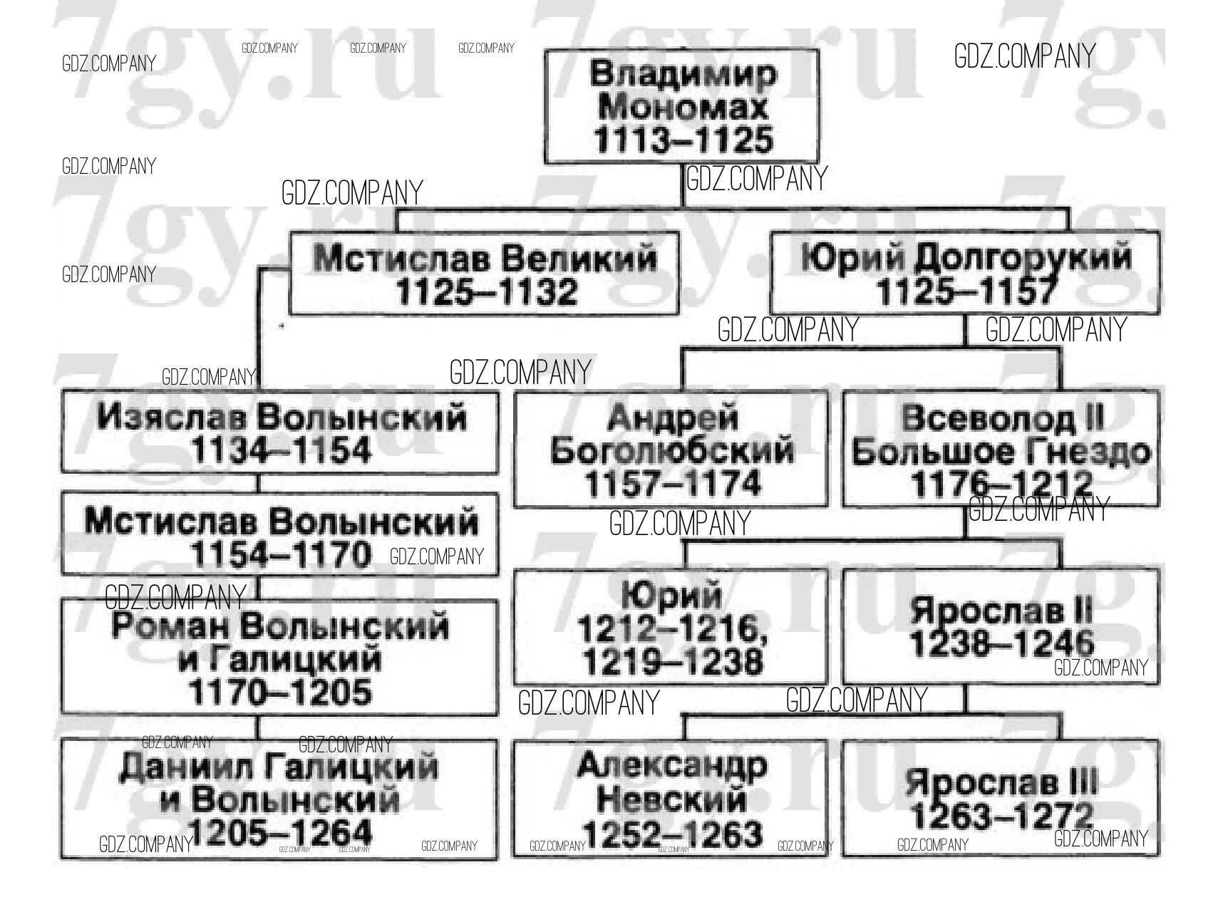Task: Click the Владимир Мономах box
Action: (681, 106)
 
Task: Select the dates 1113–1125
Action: (683, 140)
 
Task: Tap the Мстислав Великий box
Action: (484, 274)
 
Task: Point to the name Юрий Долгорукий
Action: (966, 257)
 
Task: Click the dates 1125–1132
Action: (486, 292)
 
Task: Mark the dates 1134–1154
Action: (282, 450)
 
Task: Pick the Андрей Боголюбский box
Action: (671, 449)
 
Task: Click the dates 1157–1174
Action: (672, 484)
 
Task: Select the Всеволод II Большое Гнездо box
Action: (1001, 449)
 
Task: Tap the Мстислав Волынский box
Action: (279, 534)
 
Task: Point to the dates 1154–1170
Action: (282, 555)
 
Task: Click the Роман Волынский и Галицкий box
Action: (279, 657)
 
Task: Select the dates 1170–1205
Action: (280, 692)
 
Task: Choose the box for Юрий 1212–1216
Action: (671, 627)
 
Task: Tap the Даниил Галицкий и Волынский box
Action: (279, 799)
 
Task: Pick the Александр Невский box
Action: (670, 798)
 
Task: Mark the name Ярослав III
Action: (1001, 783)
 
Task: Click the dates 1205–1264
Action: (280, 834)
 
